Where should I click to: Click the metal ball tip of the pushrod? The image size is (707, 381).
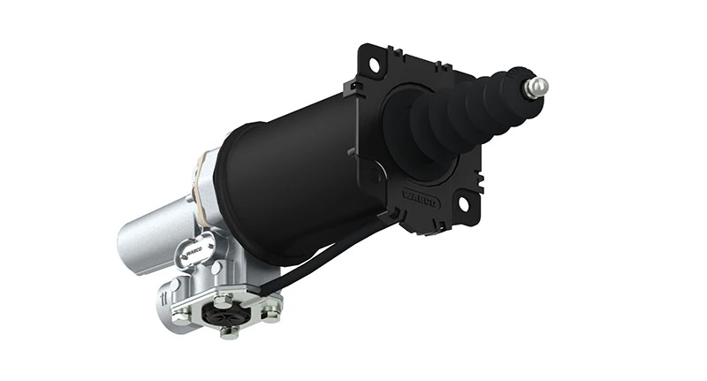pos(536,87)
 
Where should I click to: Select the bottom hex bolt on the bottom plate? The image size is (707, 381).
pos(227,332)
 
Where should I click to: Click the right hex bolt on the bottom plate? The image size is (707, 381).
pos(270,309)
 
